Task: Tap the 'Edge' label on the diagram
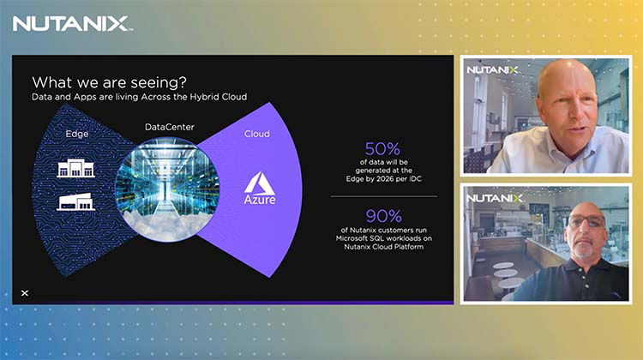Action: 77,134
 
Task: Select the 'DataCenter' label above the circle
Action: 169,127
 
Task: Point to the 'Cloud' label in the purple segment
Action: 256,134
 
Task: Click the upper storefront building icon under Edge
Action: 75,167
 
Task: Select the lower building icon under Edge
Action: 75,201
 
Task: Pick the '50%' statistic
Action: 382,149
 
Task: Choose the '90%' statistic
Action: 382,216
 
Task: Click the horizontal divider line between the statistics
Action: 383,197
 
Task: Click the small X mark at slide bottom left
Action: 25,292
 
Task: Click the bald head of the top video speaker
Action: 567,77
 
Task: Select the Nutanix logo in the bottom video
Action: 494,198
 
